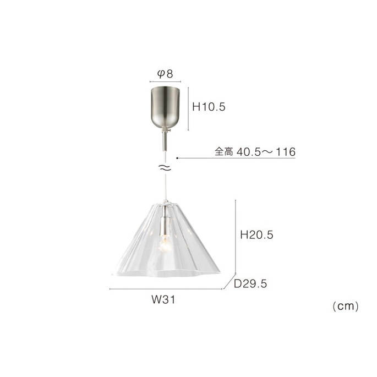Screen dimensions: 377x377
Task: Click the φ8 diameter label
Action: [165, 74]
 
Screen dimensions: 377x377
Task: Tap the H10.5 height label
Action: [209, 107]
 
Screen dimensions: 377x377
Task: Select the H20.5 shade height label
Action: [256, 234]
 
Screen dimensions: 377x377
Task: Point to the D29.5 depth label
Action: [250, 283]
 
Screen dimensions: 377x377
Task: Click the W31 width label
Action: [163, 299]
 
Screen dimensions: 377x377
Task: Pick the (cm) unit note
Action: [346, 307]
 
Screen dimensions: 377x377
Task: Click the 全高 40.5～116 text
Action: [255, 152]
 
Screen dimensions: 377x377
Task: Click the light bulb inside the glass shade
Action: [165, 244]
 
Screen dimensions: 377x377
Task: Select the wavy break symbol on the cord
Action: [166, 168]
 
